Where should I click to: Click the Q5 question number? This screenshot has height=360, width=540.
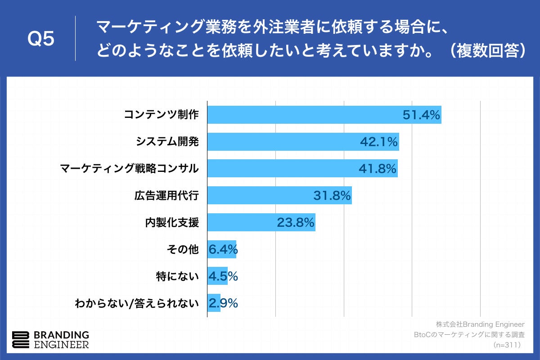41,39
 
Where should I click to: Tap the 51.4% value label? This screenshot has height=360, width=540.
421,115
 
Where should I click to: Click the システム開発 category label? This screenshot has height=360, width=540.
167,142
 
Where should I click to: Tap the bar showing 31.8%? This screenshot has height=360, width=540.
279,195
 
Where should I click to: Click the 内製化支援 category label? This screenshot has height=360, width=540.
172,222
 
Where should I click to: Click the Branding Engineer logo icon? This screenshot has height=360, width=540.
21,340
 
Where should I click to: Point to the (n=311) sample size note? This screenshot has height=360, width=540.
507,345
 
